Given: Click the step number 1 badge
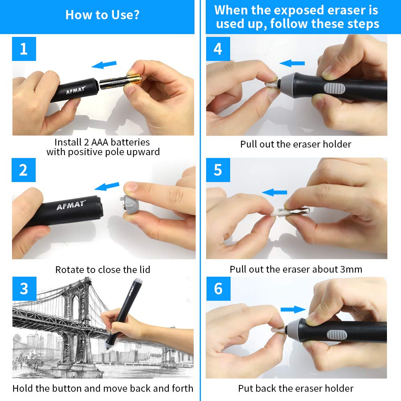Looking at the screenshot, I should click(24, 49).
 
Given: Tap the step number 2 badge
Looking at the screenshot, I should click(24, 170).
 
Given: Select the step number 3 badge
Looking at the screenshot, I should click(24, 289).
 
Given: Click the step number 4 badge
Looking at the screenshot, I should click(218, 49).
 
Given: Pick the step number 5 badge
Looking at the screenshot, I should click(218, 170).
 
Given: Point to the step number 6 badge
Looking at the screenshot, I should click(218, 289).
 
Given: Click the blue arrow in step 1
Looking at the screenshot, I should click(104, 65).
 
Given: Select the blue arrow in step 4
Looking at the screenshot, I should click(292, 63).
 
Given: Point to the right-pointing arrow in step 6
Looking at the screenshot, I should click(293, 309).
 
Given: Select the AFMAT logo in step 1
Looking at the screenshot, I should click(75, 89).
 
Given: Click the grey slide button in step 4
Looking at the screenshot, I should click(332, 89).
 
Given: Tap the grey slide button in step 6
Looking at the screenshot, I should click(334, 334).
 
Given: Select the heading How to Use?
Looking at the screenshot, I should click(102, 15).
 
